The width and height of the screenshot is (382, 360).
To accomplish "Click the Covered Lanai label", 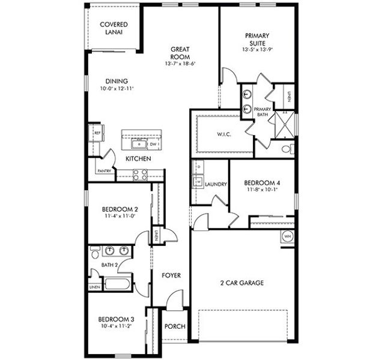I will (114, 28).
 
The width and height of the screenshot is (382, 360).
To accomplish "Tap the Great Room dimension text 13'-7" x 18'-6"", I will (180, 63).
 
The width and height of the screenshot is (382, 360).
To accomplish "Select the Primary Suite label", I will (256, 40).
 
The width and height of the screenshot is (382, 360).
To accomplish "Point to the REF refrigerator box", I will (96, 133).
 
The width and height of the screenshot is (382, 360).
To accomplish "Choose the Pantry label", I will (103, 170).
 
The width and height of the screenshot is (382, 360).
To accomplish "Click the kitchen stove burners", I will (140, 175).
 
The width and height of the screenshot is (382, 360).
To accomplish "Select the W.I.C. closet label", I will (225, 134).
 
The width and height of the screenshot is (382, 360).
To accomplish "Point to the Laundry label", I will (216, 184).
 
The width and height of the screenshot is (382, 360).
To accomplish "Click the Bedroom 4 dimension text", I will (261, 190).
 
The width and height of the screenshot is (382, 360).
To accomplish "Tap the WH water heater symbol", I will (287, 236).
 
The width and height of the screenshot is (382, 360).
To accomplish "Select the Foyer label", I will (171, 275).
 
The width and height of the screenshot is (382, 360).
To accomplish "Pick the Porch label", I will (175, 326).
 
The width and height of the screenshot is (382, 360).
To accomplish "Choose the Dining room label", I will (116, 81).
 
